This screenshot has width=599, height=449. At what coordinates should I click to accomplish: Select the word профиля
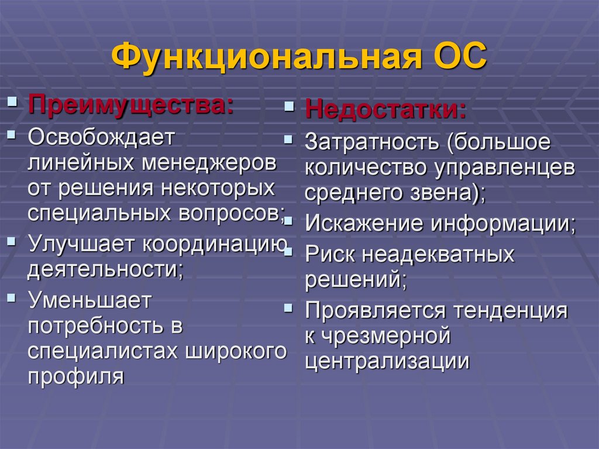(x=76, y=376)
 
